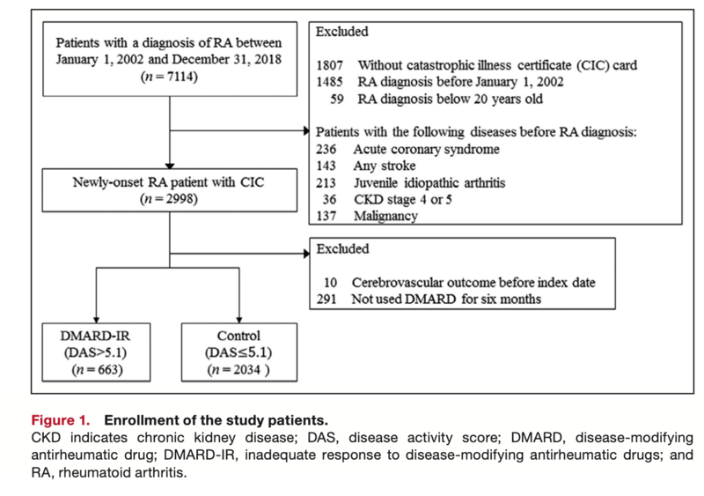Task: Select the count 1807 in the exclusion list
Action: (329, 66)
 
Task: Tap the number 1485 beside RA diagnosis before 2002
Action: (329, 82)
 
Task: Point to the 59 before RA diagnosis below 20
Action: (337, 99)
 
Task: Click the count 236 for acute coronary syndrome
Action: (326, 149)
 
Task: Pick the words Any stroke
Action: (385, 166)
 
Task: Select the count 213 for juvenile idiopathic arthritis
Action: (326, 183)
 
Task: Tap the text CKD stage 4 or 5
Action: (403, 199)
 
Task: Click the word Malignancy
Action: (385, 217)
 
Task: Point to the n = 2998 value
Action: (169, 199)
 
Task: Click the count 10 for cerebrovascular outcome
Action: (330, 283)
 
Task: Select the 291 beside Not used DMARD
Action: (326, 299)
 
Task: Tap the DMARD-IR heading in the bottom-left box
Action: (95, 336)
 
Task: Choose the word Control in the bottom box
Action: (238, 336)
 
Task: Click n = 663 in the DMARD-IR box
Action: (97, 370)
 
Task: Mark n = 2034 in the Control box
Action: (238, 370)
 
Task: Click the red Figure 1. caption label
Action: (61, 420)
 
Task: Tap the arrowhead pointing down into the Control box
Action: (239, 320)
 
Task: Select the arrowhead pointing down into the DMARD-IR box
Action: (97, 320)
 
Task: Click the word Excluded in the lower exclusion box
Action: (342, 248)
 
